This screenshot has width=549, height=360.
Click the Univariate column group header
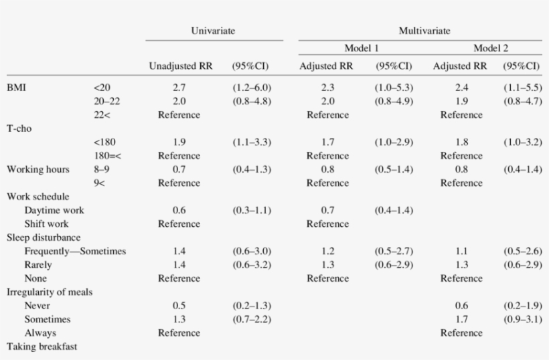(212, 31)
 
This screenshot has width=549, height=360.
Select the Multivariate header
(424, 31)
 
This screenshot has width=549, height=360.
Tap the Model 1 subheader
(362, 48)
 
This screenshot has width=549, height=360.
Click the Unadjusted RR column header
(181, 66)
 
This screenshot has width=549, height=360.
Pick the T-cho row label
(20, 128)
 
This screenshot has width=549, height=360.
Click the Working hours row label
(38, 169)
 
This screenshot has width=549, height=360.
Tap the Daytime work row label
(54, 210)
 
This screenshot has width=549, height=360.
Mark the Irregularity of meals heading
(50, 292)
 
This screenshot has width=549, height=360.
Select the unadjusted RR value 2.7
(179, 88)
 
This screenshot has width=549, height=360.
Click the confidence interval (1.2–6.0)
(252, 88)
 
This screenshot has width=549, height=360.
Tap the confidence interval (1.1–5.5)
(522, 88)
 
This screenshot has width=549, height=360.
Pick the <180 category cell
(105, 142)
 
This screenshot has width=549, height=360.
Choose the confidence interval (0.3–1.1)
(252, 210)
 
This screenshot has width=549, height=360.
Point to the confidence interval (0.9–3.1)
(522, 319)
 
